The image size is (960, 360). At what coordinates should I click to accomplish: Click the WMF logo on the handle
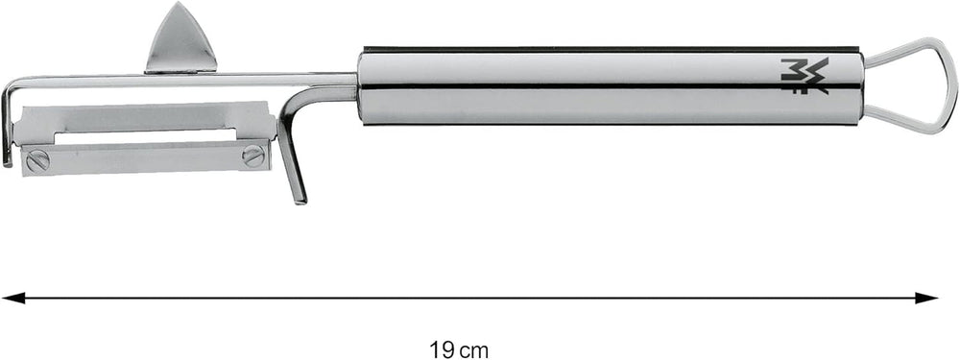click(x=804, y=76)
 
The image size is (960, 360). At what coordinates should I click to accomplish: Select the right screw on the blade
click(x=252, y=155)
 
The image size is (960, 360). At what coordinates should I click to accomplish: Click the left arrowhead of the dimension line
click(x=12, y=299)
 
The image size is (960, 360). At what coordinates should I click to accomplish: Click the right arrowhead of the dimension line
click(x=928, y=299)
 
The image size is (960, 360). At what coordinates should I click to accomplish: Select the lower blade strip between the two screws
click(x=144, y=157)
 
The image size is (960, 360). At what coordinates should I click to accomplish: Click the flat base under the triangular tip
click(x=180, y=67)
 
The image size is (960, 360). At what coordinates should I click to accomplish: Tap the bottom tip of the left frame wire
click(x=7, y=161)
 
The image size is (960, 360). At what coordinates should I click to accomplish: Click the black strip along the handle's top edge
click(x=614, y=48)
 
